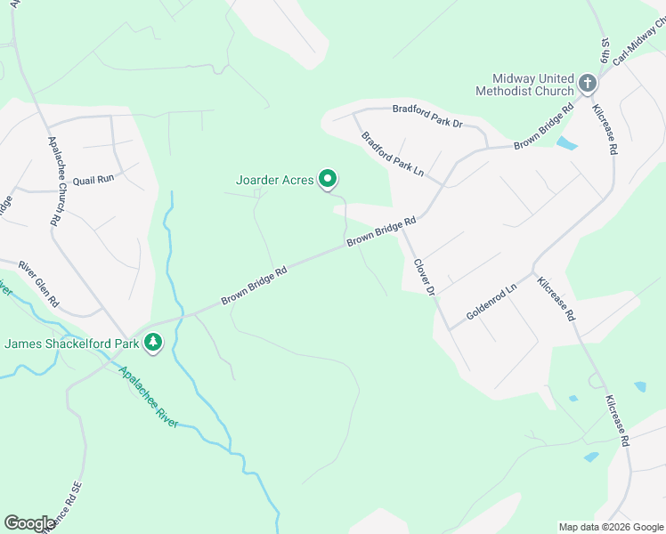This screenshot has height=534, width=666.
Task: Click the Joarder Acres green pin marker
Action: click(328, 180)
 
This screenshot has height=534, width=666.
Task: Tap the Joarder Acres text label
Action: click(274, 180)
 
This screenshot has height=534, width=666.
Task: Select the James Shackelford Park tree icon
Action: click(153, 343)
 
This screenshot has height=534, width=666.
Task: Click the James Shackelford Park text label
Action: click(74, 344)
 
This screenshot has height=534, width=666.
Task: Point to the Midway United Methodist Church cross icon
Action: click(587, 84)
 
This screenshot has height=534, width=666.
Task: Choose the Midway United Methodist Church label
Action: click(524, 85)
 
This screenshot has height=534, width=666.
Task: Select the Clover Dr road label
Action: click(424, 277)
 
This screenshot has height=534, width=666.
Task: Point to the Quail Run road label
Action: click(93, 179)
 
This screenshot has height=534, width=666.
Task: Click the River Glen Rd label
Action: click(38, 283)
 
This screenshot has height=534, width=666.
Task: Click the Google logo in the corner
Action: click(29, 523)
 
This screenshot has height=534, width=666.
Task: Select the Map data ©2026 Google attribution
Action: click(611, 527)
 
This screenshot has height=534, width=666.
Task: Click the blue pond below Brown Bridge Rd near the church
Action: click(566, 142)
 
